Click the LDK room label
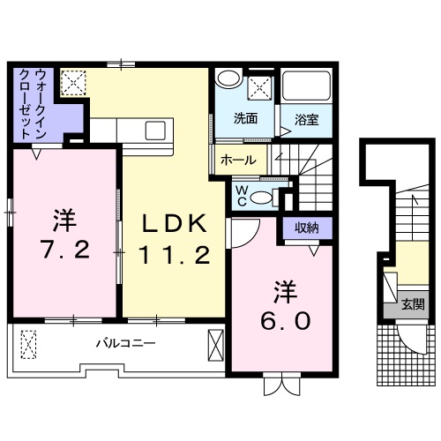click(176, 223)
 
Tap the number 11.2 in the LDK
click(176, 256)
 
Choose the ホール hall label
click(238, 160)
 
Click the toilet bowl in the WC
click(263, 197)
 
